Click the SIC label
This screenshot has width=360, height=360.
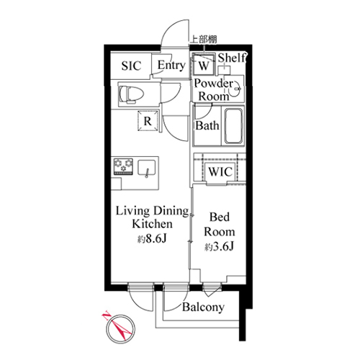(131, 66)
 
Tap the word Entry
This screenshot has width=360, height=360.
(171, 66)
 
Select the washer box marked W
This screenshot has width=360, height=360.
(204, 64)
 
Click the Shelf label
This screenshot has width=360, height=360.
(232, 58)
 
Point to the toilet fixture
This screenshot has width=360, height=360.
(131, 94)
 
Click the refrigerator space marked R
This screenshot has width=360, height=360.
(148, 121)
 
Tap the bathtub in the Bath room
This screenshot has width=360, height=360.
(234, 126)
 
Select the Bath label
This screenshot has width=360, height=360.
(207, 125)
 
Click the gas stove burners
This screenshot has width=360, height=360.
(123, 166)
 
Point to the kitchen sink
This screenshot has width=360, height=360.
(146, 168)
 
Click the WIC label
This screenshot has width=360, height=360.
(220, 171)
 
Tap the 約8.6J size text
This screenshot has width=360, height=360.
(152, 239)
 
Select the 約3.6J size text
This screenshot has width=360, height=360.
(219, 247)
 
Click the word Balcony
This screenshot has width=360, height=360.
(203, 307)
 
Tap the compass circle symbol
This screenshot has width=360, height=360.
(121, 329)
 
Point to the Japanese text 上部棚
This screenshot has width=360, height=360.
(204, 40)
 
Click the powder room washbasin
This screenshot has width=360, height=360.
(234, 89)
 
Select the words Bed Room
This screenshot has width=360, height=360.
(220, 225)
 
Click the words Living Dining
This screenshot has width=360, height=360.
(153, 211)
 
